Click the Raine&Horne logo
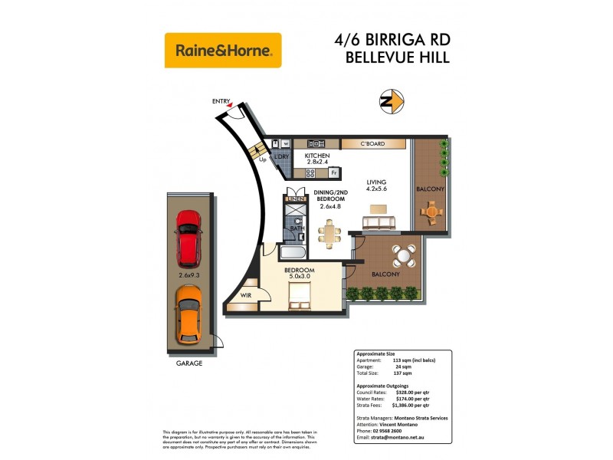click(223, 51)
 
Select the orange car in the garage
click(188, 314)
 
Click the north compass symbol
click(392, 100)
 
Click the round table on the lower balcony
click(403, 254)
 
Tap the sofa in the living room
click(379, 223)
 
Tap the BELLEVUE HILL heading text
click(398, 57)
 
